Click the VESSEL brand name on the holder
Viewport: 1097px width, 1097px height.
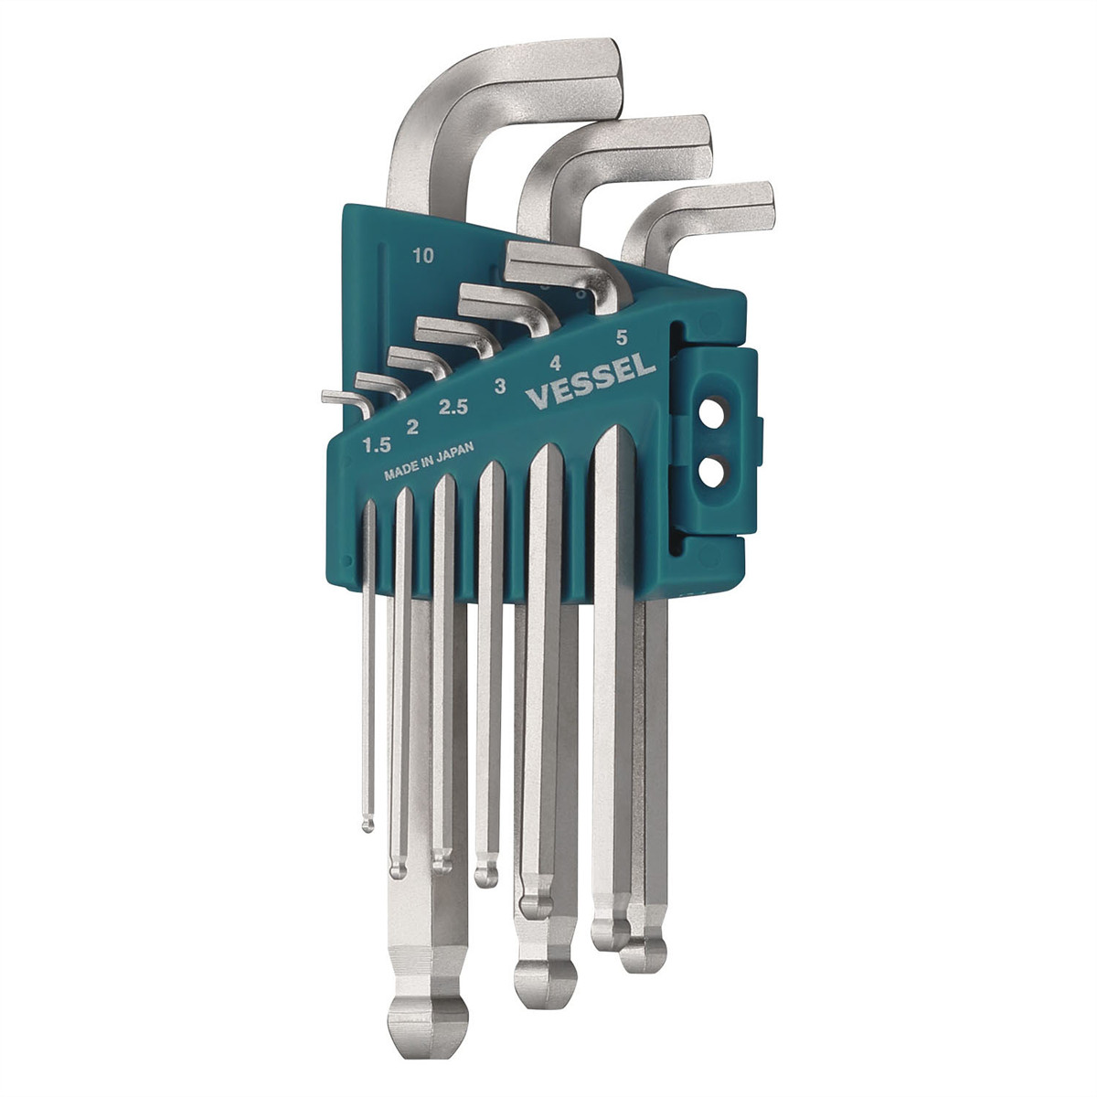(x=591, y=382)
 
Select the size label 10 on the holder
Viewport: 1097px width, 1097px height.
(x=421, y=257)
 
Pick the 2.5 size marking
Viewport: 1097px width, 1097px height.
(x=453, y=408)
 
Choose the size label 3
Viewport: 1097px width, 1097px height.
(x=499, y=387)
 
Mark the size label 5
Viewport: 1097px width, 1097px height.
(x=622, y=336)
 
